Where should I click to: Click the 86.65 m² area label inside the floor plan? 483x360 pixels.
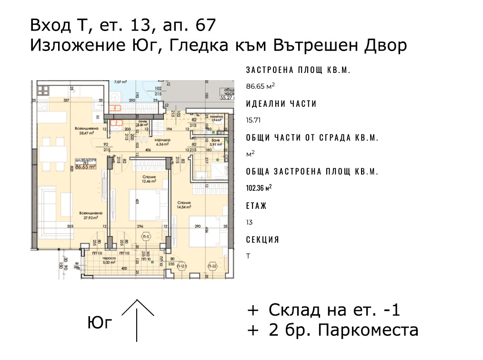[x=86, y=167]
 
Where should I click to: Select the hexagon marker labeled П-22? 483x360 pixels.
[x=213, y=266]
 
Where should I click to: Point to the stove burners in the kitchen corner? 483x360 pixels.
[x=42, y=89]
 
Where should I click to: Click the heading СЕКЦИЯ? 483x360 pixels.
[x=262, y=240]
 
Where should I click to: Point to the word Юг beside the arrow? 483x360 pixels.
[x=100, y=323]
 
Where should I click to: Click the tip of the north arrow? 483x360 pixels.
[x=138, y=300]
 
